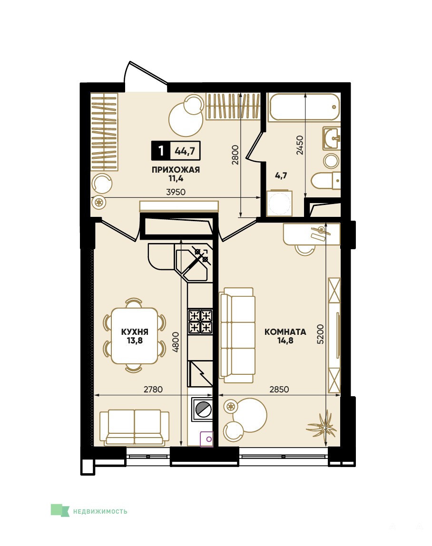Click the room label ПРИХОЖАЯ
pos(176,170)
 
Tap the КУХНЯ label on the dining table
pos(135,332)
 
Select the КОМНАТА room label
pos(285,332)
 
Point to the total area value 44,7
pos(185,151)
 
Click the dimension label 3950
pos(176,192)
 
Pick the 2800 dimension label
pos(236,155)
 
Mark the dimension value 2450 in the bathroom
pos(300,145)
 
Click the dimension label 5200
pos(320,334)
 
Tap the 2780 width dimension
pos(153,389)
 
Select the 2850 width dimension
pos(279,389)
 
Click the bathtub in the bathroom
pos(304,107)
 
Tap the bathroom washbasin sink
pos(331,138)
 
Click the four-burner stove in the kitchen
pos(200,322)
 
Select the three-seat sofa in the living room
pos(237,335)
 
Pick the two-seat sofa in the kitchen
pos(135,427)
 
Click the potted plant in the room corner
pos(322,425)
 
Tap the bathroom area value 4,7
pos(281,175)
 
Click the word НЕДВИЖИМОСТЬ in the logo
pos(100,512)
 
